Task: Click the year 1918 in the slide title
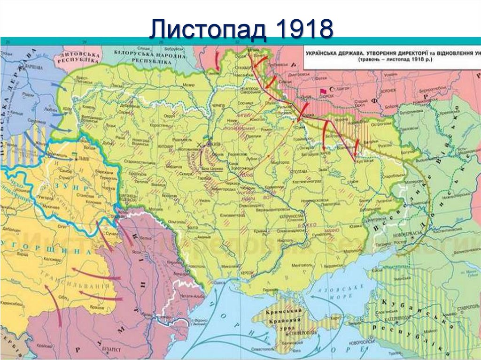[304, 29]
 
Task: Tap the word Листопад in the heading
[209, 29]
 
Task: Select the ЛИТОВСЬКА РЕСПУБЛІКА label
[78, 57]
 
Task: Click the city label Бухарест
[110, 350]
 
